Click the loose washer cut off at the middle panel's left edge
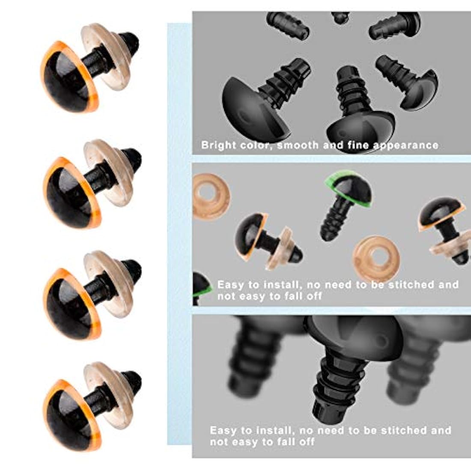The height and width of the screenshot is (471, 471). (210, 196)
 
